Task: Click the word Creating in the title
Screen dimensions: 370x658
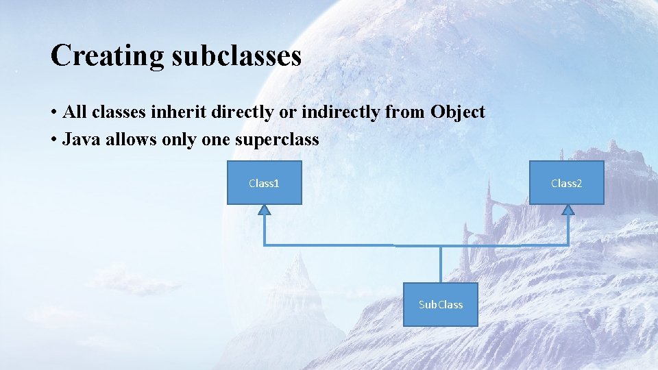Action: pos(107,56)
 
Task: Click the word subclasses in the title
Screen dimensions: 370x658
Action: pos(236,56)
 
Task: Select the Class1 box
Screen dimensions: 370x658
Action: pos(264,183)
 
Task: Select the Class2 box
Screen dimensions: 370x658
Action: pos(566,183)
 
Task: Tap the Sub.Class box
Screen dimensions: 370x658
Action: pos(440,304)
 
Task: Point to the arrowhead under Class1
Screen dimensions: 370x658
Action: pos(265,210)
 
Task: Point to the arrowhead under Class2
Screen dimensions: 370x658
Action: pos(568,210)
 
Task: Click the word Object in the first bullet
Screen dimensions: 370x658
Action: pos(458,112)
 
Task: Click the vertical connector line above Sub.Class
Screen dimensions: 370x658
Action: pos(440,264)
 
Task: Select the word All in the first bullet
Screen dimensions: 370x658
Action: pos(73,112)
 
